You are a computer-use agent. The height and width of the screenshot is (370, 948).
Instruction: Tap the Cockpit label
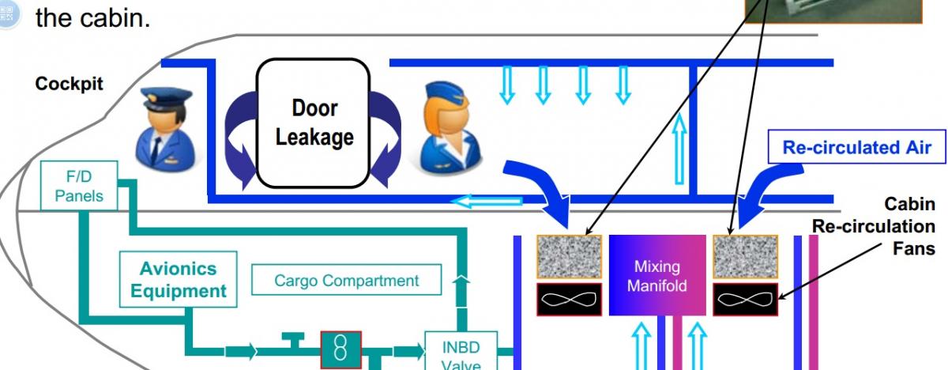coord(69,85)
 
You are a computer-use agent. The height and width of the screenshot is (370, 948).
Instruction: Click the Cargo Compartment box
coord(346,281)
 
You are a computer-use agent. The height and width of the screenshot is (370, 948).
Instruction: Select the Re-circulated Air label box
coord(856,147)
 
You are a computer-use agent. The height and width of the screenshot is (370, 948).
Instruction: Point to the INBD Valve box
coord(460,352)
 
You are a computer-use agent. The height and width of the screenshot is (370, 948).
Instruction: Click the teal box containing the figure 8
coord(340,350)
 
